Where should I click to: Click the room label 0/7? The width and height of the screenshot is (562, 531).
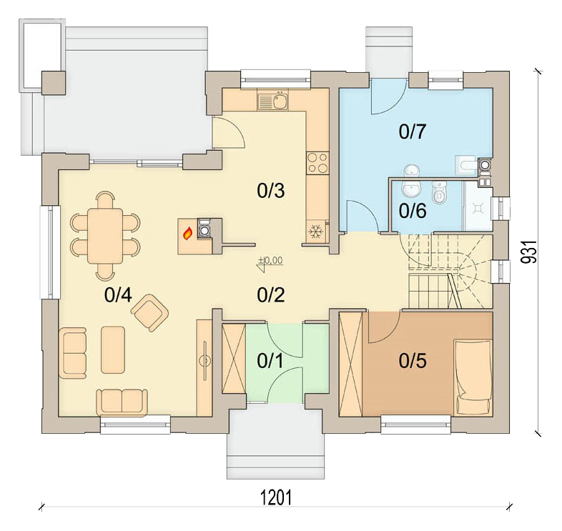412,131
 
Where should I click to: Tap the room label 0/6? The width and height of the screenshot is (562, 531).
413,210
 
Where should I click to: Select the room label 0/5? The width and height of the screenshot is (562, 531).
413,361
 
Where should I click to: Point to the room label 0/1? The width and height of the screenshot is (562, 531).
270,361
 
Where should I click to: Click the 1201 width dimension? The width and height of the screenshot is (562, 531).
275,497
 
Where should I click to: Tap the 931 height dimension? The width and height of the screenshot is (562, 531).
529,252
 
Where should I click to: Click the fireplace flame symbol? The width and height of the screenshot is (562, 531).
187,234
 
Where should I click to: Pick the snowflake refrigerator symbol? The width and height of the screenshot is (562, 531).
315,232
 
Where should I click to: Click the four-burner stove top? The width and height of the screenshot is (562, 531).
317,163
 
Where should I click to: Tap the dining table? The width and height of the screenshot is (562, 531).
105,236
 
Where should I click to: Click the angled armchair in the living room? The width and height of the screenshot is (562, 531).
150,312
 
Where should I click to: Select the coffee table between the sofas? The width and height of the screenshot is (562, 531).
113,349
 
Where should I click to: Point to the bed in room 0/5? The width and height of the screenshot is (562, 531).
473,377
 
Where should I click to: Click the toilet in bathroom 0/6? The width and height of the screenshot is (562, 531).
439,192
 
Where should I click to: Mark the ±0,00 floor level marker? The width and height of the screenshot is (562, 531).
270,264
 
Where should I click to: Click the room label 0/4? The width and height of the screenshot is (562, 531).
118,295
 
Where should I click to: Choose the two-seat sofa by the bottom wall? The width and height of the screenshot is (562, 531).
122,403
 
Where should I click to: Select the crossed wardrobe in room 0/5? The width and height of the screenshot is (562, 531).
351,364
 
